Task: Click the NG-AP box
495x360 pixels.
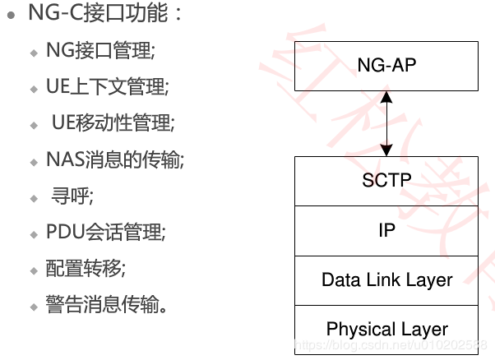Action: (386, 66)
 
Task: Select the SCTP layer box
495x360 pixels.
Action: (386, 180)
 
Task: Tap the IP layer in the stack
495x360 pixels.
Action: (386, 230)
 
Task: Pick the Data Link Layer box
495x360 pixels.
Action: (386, 279)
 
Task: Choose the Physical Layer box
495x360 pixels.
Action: (386, 330)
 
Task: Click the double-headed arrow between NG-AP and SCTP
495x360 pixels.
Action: (386, 123)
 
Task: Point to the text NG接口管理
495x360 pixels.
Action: (100, 50)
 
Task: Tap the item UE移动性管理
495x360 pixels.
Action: (113, 123)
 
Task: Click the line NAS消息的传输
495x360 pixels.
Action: (115, 159)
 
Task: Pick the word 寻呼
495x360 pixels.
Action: (72, 196)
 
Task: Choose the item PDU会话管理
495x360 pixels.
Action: (106, 233)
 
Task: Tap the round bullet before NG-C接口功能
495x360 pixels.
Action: (11, 16)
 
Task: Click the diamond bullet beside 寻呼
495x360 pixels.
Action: (34, 198)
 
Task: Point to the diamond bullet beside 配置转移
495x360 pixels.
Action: (34, 271)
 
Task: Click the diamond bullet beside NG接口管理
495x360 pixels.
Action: (34, 52)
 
